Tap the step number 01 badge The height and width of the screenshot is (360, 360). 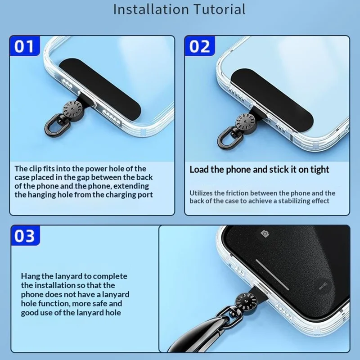(25, 46)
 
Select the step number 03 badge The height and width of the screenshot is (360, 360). (25, 236)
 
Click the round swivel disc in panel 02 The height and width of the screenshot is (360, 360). (245, 122)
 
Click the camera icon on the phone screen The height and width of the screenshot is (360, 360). (265, 233)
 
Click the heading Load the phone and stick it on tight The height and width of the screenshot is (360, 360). (259, 170)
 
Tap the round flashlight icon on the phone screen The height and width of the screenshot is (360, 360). (322, 285)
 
